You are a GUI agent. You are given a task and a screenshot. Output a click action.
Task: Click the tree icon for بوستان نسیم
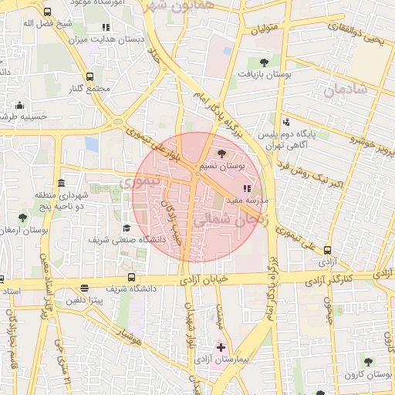click(x=223, y=154)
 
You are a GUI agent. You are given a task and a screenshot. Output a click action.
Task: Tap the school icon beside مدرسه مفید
click(x=247, y=188)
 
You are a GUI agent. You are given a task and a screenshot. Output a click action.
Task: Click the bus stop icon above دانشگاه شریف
click(x=130, y=277)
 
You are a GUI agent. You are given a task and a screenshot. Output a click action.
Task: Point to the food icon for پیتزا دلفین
click(x=84, y=287)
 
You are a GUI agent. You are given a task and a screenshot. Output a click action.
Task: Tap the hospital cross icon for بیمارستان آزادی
click(x=221, y=348)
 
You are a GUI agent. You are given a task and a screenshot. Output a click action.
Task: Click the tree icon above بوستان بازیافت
click(x=265, y=62)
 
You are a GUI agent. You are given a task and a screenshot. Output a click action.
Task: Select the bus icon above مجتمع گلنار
click(x=90, y=76)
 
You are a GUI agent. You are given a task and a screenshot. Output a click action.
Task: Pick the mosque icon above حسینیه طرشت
click(x=20, y=105)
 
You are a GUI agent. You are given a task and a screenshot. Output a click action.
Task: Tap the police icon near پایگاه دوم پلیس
click(x=286, y=121)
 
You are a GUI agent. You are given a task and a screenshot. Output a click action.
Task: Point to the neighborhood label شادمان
click(x=343, y=91)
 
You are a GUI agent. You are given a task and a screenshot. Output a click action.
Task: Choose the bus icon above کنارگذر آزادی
click(x=328, y=250)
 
